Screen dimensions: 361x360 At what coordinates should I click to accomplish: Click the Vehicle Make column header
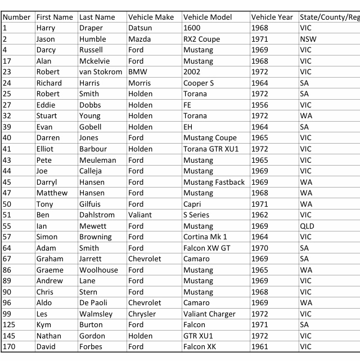click(x=151, y=17)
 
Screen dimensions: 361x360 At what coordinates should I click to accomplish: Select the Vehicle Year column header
click(x=272, y=17)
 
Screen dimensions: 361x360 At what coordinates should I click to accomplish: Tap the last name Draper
click(x=91, y=28)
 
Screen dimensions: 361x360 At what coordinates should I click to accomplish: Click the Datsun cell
click(x=140, y=28)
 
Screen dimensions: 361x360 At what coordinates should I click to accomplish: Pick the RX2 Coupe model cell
click(x=201, y=39)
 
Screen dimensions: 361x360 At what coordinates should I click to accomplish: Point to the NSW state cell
click(x=308, y=39)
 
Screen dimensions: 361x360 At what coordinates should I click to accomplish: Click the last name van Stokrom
click(x=101, y=72)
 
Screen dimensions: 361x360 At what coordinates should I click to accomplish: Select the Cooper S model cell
click(x=199, y=83)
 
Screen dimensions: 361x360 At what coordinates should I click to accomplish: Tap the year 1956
click(x=259, y=105)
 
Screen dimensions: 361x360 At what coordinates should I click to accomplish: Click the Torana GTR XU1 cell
click(x=211, y=149)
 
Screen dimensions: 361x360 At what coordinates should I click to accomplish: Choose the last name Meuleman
click(x=98, y=160)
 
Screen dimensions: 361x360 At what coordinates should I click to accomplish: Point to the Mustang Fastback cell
click(x=214, y=182)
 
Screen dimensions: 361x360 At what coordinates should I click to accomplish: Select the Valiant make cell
click(x=140, y=215)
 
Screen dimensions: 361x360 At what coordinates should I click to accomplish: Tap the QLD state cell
click(x=307, y=226)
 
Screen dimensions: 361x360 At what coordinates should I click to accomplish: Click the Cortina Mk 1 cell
click(x=205, y=237)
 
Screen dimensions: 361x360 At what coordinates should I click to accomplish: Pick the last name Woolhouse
click(x=99, y=270)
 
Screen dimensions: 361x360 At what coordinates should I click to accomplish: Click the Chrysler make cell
click(x=142, y=314)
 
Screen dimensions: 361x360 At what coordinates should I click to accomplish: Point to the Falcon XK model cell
click(x=199, y=346)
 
